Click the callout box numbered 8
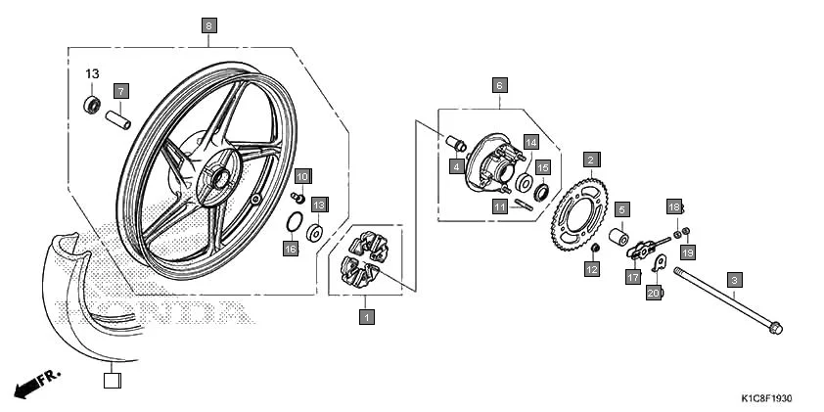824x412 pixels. pos(209,25)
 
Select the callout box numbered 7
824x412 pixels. pos(121,91)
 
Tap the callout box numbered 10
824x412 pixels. pos(303,176)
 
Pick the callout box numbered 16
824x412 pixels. pos(290,250)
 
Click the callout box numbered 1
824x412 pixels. pos(366,316)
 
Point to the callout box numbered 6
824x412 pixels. pos(499,85)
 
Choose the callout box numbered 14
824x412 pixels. pos(530,142)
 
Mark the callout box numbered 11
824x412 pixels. pos(499,206)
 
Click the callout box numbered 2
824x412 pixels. pos(591,159)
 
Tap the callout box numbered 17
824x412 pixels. pos(632,277)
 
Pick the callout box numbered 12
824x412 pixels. pos(592,269)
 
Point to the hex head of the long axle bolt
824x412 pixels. pos(776,326)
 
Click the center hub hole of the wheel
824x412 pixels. pos(217,178)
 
